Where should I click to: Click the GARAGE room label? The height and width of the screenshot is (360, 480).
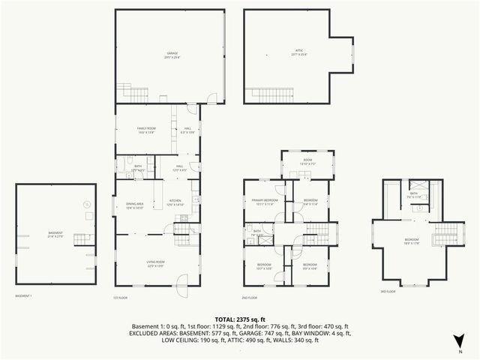(x=172, y=52)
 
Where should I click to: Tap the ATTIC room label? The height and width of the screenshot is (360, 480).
(x=298, y=52)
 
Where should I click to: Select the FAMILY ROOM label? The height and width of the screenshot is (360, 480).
(x=146, y=129)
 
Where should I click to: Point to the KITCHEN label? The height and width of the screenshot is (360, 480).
(x=175, y=200)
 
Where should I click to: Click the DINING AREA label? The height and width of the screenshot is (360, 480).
(x=135, y=206)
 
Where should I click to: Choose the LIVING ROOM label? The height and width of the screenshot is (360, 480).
(x=155, y=262)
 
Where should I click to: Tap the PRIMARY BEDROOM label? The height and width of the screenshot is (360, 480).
(x=265, y=201)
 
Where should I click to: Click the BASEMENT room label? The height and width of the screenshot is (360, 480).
(x=55, y=233)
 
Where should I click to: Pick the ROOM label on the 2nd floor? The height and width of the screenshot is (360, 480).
(x=307, y=160)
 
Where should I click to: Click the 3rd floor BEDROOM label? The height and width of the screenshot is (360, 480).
(x=412, y=240)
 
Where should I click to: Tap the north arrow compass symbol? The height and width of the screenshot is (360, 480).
(x=459, y=343)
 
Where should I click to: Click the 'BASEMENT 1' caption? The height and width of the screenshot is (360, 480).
(x=23, y=295)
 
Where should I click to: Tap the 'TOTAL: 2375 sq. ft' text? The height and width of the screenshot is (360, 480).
(x=240, y=318)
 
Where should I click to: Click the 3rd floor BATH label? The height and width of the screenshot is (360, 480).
(x=414, y=193)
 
